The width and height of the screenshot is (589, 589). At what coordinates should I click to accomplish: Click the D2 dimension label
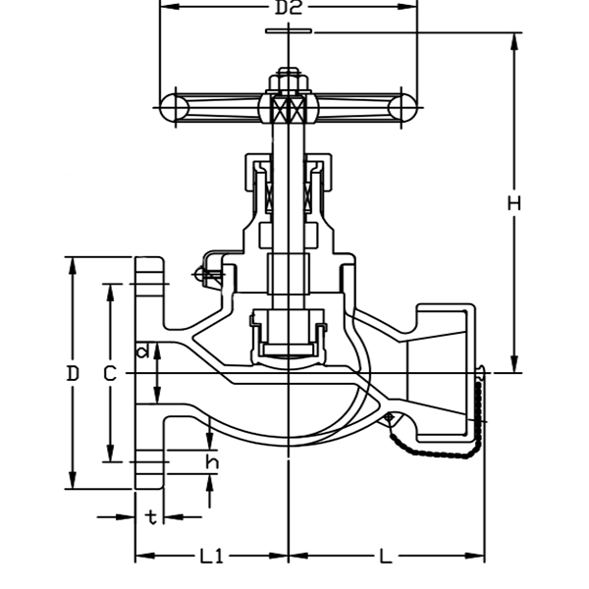[288, 9]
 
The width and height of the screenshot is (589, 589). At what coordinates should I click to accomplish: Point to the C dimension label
[110, 373]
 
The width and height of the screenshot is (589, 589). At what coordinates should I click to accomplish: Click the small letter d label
[143, 350]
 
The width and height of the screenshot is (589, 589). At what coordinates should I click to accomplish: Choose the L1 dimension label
[212, 557]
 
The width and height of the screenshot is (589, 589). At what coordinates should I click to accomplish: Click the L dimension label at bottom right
[386, 557]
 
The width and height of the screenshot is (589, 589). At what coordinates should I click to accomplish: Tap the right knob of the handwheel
[402, 106]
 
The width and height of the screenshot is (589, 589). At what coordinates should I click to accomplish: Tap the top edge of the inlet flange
[150, 259]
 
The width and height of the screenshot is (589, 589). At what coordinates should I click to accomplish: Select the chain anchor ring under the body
[389, 418]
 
